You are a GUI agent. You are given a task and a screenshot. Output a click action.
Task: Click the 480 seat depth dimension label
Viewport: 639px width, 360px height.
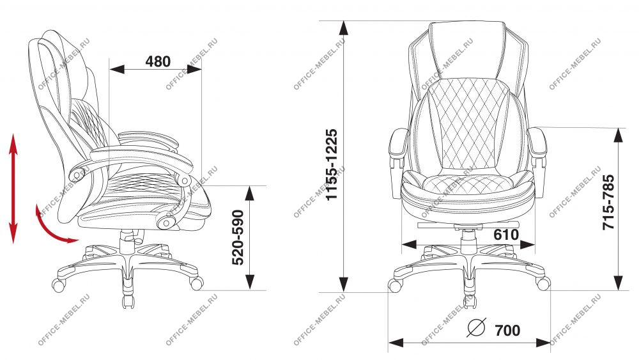click(x=158, y=61)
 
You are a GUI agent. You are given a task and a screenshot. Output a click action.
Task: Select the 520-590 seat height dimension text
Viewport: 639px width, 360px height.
click(x=238, y=237)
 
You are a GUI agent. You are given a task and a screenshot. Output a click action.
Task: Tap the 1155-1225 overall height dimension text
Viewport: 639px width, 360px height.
click(x=332, y=164)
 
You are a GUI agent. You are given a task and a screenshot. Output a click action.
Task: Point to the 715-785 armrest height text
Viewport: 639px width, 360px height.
click(x=608, y=202)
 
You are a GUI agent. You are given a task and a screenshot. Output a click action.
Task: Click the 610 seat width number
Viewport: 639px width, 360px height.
click(x=506, y=235)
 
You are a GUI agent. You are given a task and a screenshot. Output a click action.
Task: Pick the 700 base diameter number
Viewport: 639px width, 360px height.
click(x=507, y=330)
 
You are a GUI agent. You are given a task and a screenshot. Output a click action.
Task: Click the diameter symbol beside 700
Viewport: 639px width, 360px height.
click(x=477, y=327)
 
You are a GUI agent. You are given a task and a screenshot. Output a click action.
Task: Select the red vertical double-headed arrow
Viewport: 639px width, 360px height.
click(x=13, y=189)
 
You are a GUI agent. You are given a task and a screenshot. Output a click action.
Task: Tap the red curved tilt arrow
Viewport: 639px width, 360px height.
click(x=51, y=228)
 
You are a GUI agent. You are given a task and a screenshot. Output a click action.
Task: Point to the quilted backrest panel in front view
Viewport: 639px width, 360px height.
click(x=468, y=124)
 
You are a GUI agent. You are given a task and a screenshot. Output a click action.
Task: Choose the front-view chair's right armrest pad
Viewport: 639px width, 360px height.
click(x=537, y=143)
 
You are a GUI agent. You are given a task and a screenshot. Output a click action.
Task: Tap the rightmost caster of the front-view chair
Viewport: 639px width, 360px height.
click(x=543, y=283)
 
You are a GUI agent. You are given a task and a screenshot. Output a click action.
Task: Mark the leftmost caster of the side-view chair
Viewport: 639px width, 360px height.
click(x=58, y=285)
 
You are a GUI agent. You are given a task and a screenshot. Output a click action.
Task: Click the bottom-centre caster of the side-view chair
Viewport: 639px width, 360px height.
click(x=128, y=301)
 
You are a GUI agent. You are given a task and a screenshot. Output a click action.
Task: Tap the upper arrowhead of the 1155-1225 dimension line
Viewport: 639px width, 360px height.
click(x=344, y=27)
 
